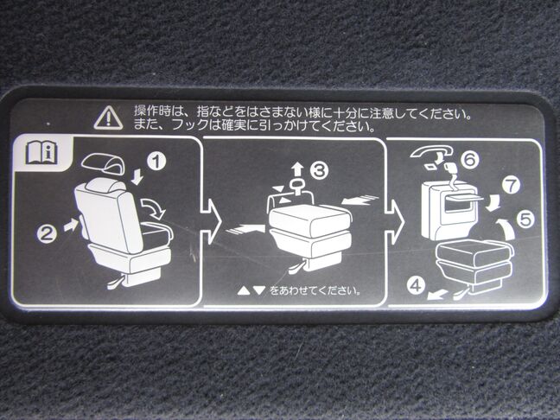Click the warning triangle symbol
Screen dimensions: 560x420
click(108, 118)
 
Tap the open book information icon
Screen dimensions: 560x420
click(41, 152)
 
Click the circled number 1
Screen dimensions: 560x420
click(156, 161)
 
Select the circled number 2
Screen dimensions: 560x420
click(47, 234)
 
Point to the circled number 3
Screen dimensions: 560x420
click(319, 171)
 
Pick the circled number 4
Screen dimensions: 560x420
click(417, 286)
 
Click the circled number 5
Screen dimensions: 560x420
click(525, 220)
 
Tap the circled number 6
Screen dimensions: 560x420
click(469, 159)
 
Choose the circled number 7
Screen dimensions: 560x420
click(511, 185)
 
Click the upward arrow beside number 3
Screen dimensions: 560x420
click(296, 170)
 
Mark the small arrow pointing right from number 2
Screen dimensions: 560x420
click(71, 225)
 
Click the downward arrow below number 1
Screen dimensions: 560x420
click(137, 177)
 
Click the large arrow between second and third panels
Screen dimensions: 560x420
click(394, 222)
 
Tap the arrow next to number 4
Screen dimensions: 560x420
click(437, 295)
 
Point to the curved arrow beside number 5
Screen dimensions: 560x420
click(506, 229)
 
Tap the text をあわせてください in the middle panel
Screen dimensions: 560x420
click(315, 290)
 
